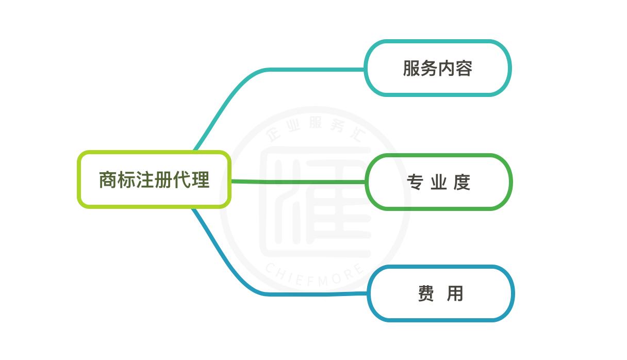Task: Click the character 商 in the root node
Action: click(x=108, y=180)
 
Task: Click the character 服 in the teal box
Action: click(x=411, y=68)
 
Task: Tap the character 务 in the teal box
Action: click(x=429, y=68)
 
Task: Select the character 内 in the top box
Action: click(x=447, y=68)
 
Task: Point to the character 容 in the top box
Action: click(x=464, y=68)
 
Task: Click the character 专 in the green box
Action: click(x=415, y=183)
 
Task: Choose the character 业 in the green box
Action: click(x=439, y=183)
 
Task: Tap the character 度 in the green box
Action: click(x=462, y=183)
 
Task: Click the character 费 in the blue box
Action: click(x=426, y=294)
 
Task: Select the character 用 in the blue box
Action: click(x=455, y=294)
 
